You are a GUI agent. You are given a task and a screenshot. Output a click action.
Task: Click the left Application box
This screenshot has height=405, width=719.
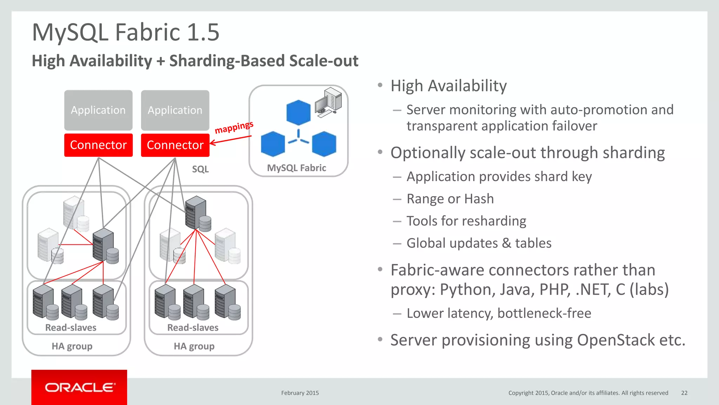pos(98,110)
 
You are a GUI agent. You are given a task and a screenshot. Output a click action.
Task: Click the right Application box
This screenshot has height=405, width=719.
pos(175,110)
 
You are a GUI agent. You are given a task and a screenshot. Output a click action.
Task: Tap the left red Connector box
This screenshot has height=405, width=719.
pos(98,145)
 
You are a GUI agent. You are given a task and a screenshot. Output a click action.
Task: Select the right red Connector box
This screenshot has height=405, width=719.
pos(175,145)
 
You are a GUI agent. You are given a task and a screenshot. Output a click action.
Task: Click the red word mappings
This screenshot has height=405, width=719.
pos(234,127)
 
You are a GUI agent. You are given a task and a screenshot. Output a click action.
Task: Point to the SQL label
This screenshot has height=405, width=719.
pos(200,169)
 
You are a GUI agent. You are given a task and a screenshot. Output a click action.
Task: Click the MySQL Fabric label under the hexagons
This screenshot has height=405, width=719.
pos(296,168)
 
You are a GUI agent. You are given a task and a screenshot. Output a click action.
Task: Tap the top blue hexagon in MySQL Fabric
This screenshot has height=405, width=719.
pos(298,112)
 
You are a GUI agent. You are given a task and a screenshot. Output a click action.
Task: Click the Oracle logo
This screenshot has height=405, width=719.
pos(79,387)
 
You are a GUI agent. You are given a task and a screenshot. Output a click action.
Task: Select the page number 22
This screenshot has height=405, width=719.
pos(684,393)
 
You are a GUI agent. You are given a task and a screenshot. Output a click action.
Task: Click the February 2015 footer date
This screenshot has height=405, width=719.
pos(300,393)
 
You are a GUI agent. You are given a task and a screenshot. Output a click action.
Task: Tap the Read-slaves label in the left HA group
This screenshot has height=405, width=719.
pos(71,328)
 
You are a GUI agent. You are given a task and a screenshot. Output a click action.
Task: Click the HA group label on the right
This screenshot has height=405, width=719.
pos(194,346)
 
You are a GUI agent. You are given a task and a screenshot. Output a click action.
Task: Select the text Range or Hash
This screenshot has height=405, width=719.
pos(450,199)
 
